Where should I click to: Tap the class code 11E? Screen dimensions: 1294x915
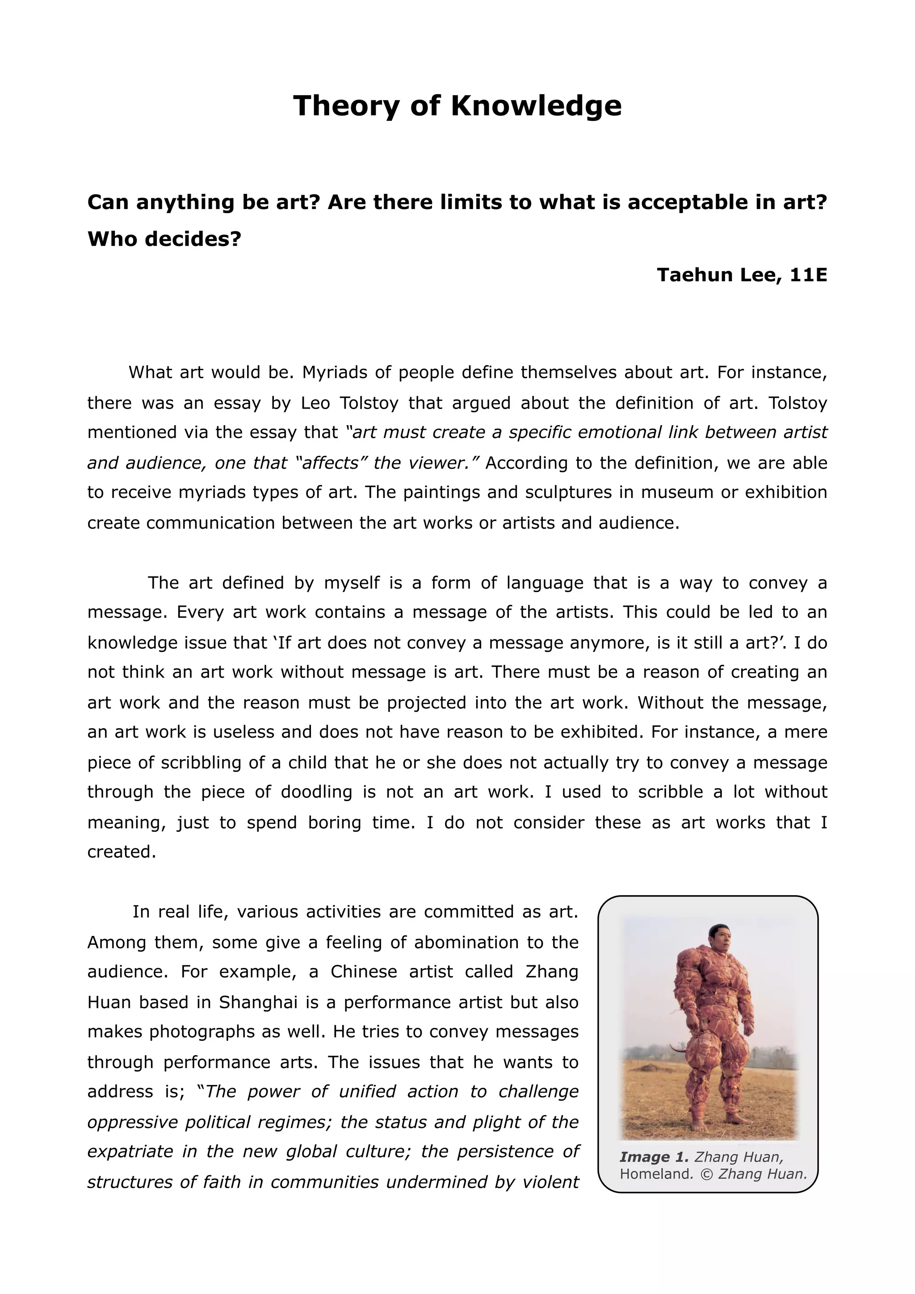click(x=809, y=275)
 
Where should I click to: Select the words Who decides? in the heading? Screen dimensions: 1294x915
click(x=164, y=239)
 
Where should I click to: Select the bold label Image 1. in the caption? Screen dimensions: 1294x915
click(x=654, y=1157)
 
